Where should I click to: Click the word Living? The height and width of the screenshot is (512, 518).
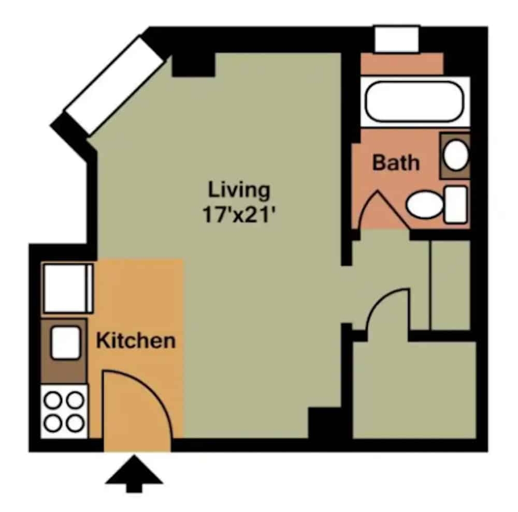pyautogui.click(x=239, y=190)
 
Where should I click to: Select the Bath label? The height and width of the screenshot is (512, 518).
pyautogui.click(x=396, y=163)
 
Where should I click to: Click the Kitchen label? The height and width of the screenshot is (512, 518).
pyautogui.click(x=136, y=341)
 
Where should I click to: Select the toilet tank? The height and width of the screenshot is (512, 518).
pyautogui.click(x=455, y=205)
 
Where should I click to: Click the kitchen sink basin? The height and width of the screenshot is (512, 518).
pyautogui.click(x=65, y=342)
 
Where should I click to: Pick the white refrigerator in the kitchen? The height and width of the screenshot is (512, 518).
pyautogui.click(x=68, y=288)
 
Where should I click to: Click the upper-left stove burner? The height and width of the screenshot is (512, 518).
pyautogui.click(x=53, y=400)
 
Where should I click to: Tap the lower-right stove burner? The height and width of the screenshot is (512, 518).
pyautogui.click(x=76, y=423)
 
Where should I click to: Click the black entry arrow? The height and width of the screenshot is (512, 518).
pyautogui.click(x=134, y=473)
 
